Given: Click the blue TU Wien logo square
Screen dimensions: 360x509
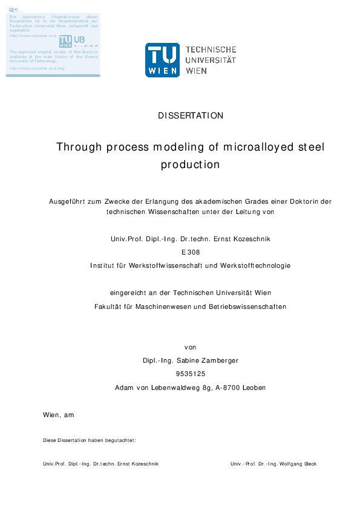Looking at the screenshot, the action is [x=162, y=60].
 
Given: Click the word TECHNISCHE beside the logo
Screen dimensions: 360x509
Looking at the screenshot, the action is [x=210, y=50].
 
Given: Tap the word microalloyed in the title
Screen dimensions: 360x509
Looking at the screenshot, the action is [x=261, y=148].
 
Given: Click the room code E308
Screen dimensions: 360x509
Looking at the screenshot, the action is [x=191, y=252].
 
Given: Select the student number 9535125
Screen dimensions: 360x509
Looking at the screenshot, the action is [x=191, y=374].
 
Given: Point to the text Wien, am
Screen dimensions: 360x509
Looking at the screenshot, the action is [x=58, y=415].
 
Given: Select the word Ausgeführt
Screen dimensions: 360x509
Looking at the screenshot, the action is [x=67, y=201].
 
